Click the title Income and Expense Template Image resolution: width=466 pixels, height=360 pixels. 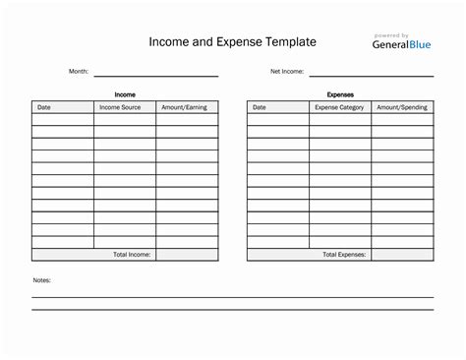point(232,42)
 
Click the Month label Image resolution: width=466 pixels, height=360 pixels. point(79,72)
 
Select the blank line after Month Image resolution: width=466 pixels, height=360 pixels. point(154,74)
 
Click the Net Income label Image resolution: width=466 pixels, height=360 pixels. point(287,72)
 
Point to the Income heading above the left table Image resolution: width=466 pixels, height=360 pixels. point(125,94)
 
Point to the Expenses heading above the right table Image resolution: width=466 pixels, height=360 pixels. point(340,94)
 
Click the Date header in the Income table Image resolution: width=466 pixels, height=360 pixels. point(44,107)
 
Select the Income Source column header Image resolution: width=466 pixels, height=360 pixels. point(120,107)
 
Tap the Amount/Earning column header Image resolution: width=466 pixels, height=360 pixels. point(185,107)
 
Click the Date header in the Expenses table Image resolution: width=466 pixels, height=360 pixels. point(260,107)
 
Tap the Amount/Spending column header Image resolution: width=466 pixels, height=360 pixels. point(402,107)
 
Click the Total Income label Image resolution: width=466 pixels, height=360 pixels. point(132,254)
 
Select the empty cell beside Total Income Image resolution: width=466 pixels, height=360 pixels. point(187,254)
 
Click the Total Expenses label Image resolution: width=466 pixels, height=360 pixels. point(344,254)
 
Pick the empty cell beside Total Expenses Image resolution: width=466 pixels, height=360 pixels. point(402,254)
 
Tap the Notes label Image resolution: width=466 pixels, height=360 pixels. point(41,280)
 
